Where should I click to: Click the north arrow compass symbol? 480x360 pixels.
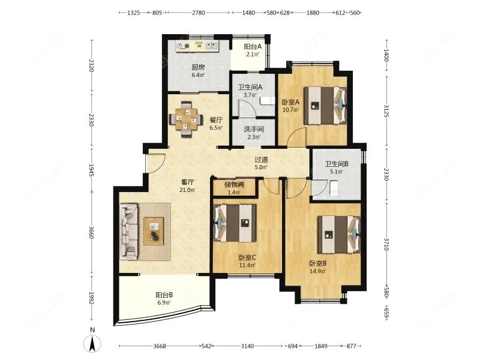coord(92,343)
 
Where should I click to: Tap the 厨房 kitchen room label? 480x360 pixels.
coord(199,67)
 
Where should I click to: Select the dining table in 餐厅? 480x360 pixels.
coord(186,118)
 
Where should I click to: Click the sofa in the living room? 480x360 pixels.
coord(128,232)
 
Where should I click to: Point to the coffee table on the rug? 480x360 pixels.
coord(154,231)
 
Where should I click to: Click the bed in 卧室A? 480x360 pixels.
coord(325,106)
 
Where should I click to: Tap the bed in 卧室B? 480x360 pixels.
coord(339,234)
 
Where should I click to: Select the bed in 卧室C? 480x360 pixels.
coord(235,223)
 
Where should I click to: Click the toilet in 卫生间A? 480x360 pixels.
coord(267,101)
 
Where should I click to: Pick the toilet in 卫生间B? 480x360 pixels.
coord(334,188)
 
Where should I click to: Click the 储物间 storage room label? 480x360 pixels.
coord(234,185)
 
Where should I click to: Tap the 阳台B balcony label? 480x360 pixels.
coord(164,295)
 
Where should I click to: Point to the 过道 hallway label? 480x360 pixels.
coord(261,160)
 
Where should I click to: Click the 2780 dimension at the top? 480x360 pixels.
coord(199,13)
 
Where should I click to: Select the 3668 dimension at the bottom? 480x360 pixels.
coord(160,346)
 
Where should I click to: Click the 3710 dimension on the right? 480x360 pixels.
coord(386,244)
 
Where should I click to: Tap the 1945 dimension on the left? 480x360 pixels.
coord(91,170)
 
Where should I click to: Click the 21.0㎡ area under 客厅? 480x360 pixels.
coord(187,190)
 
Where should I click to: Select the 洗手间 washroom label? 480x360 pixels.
coord(254,129)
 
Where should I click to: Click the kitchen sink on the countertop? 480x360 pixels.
coord(212,46)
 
